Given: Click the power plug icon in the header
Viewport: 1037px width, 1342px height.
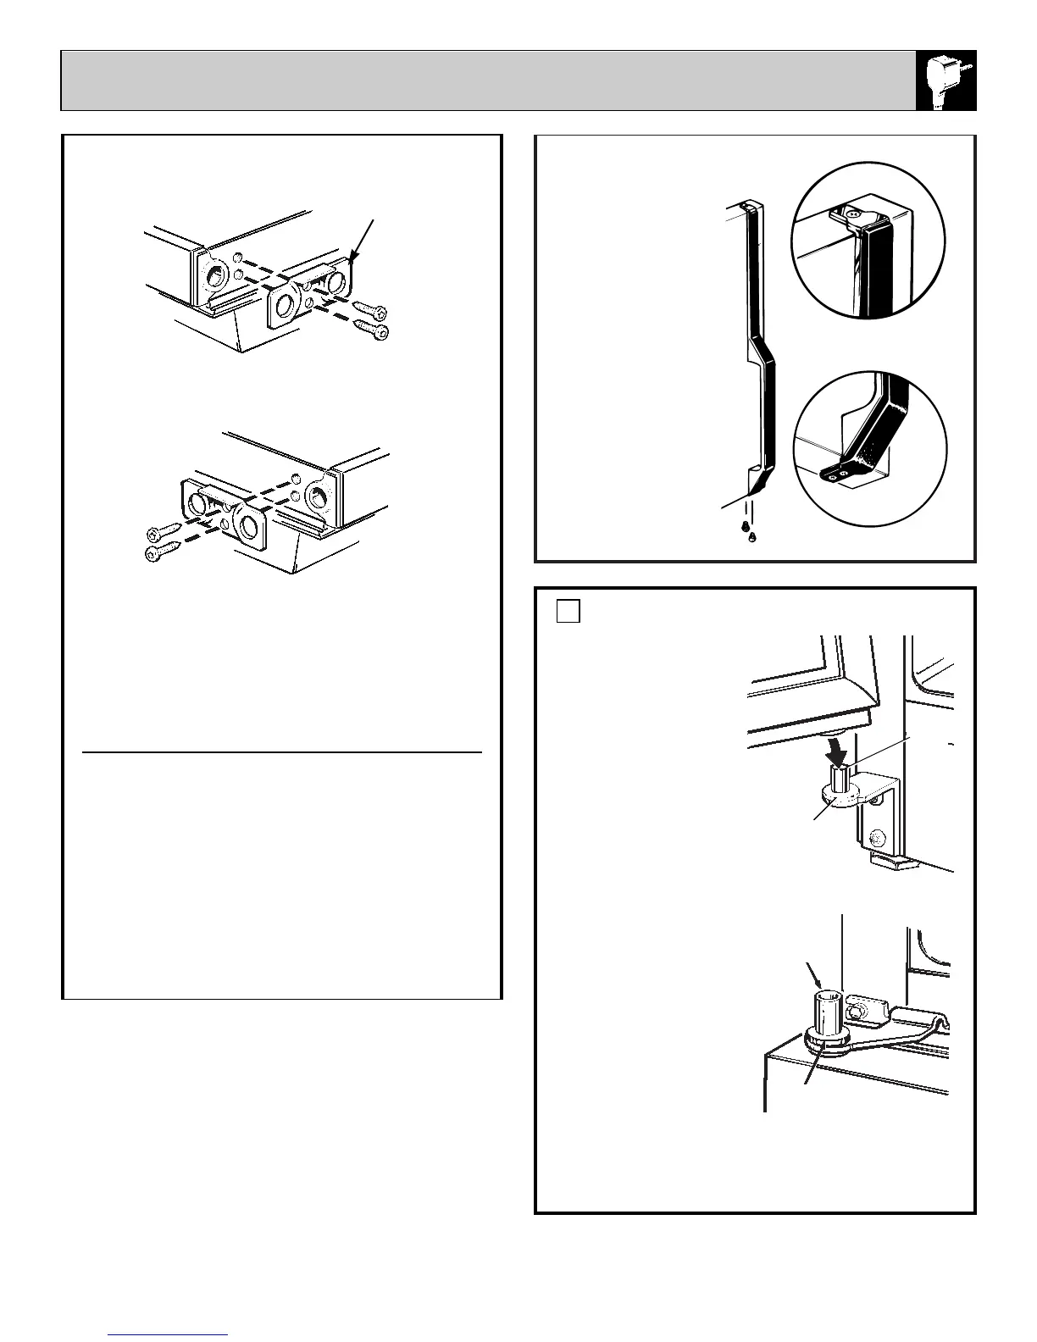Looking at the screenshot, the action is (x=946, y=80).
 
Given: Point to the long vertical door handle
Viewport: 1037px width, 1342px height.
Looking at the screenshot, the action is (x=757, y=339).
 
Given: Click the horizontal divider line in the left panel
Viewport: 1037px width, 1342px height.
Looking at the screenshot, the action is (x=282, y=751).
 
